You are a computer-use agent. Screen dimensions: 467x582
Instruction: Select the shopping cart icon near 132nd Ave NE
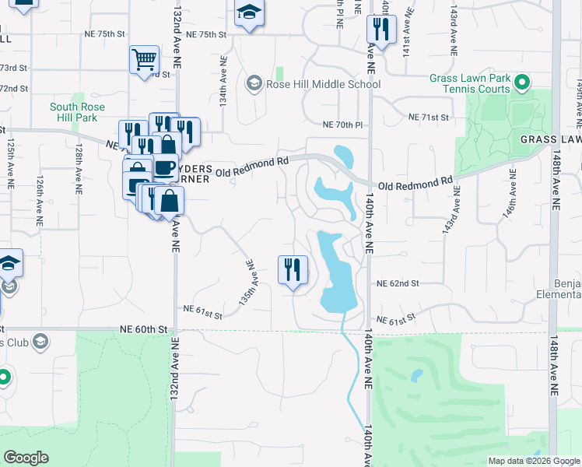click(x=144, y=59)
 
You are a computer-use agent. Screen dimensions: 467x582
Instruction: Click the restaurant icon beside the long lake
click(x=293, y=270)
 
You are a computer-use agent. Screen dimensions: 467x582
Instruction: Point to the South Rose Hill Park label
click(x=74, y=112)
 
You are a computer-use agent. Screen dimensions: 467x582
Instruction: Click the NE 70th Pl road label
click(x=343, y=125)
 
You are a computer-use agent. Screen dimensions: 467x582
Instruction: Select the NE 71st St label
click(x=429, y=117)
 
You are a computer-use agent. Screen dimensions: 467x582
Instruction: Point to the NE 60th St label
click(x=142, y=329)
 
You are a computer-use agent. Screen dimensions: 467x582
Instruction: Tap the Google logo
click(x=26, y=458)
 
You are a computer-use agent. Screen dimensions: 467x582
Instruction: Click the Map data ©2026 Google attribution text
click(x=533, y=461)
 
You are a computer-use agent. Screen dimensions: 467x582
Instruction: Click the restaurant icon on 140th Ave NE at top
click(x=380, y=30)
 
